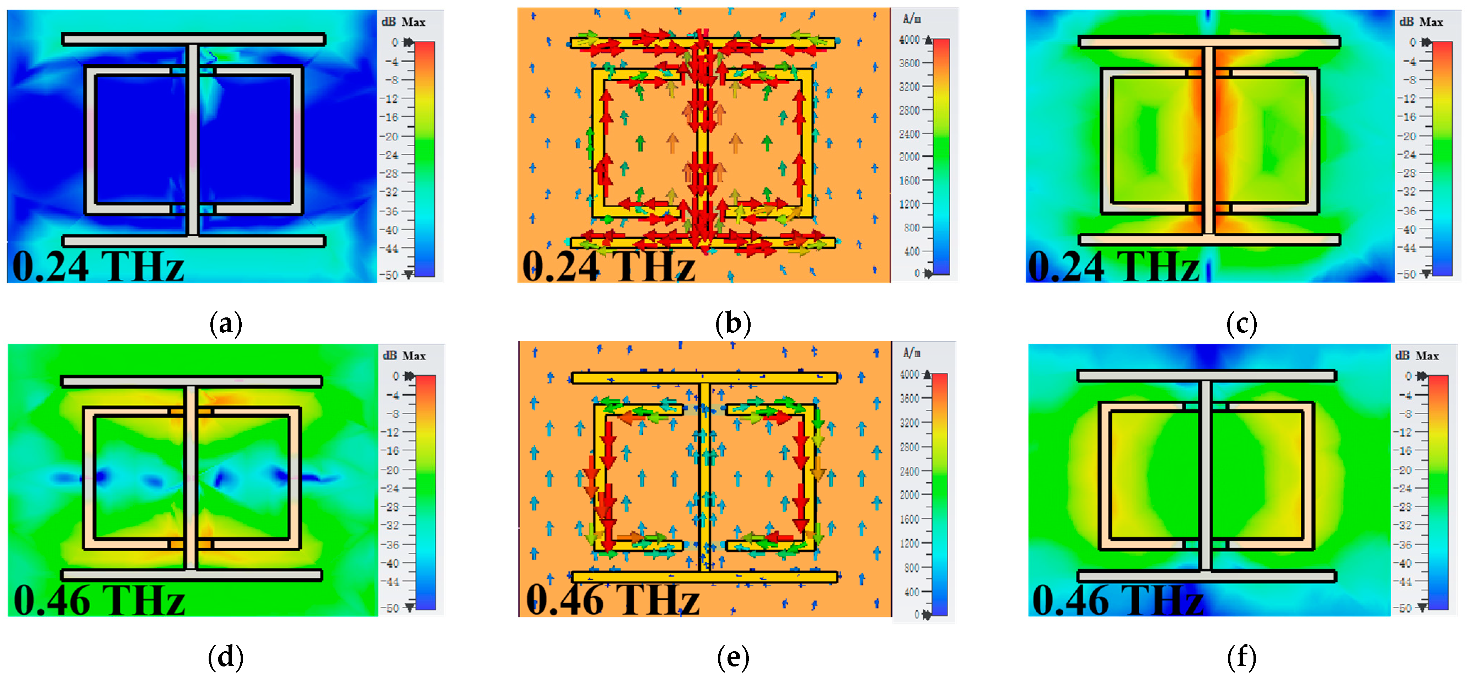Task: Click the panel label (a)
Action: [226, 324]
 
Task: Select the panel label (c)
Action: [1241, 324]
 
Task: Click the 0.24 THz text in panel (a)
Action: [98, 267]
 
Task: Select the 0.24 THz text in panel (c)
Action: [1113, 267]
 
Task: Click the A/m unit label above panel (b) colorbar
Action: [912, 19]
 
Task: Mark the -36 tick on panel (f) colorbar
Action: [1405, 545]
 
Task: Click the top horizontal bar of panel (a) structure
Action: [194, 39]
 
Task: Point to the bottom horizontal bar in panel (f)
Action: [1206, 576]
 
